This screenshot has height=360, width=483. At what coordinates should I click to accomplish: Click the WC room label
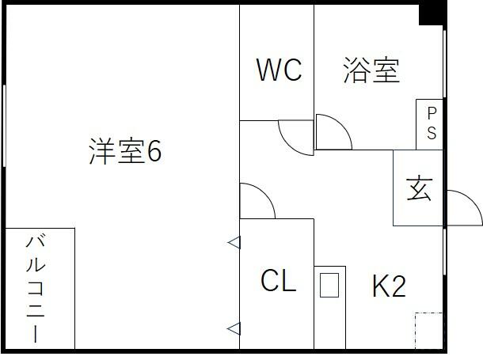[x=279, y=70]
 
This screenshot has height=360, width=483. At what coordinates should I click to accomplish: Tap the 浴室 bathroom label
[x=372, y=70]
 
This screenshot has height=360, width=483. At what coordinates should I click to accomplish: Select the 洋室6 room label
[x=125, y=151]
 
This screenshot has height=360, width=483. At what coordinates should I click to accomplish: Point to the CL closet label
[x=279, y=280]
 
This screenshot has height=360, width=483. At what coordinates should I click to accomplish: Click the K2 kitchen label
[x=389, y=286]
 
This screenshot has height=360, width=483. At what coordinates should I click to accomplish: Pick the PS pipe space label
[x=432, y=123]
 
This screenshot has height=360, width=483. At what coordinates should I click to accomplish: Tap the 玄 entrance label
[x=419, y=189]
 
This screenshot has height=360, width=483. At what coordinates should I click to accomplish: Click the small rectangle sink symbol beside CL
[x=329, y=285]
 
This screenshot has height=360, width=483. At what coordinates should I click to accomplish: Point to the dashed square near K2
[x=429, y=331]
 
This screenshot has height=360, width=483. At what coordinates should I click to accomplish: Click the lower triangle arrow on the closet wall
[x=234, y=328]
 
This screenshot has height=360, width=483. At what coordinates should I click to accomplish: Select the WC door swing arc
[x=290, y=144]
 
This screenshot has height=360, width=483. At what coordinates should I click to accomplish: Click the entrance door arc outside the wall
[x=472, y=200]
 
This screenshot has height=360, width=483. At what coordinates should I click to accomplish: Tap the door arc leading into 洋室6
[x=265, y=194]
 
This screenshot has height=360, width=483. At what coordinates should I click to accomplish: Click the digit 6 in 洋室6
[x=154, y=151]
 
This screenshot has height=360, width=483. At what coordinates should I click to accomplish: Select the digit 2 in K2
[x=398, y=286]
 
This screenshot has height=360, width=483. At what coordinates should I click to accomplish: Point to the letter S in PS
[x=432, y=133]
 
